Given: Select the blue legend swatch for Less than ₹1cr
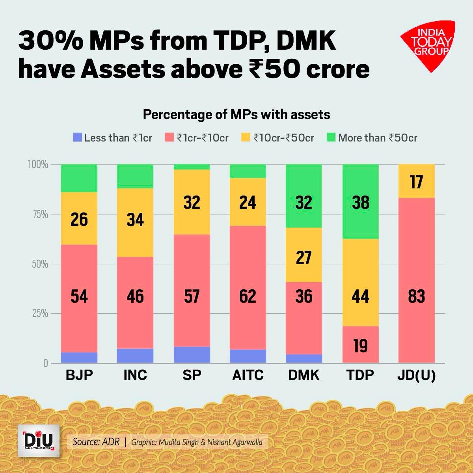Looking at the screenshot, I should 78,138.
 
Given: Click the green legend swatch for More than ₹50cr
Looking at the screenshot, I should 331,138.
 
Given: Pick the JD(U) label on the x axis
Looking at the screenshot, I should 416,375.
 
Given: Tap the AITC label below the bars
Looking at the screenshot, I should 248,375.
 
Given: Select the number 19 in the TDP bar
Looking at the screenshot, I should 360,346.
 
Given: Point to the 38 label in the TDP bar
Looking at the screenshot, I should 360,203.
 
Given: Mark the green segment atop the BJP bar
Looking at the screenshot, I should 79,178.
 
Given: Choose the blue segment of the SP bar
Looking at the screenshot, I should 192,355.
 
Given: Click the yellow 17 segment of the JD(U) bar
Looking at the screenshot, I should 416,181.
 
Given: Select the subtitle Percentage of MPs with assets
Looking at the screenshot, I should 236,115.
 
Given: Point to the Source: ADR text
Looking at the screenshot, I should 96,442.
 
